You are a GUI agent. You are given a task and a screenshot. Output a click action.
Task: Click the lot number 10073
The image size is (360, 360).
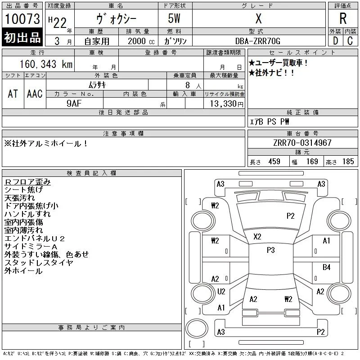click(22, 19)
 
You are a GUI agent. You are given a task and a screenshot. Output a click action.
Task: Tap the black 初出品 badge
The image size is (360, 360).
click(22, 37)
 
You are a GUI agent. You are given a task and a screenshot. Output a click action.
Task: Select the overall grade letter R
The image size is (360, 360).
click(343, 18)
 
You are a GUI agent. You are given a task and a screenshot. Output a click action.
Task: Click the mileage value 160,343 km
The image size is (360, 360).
click(46, 64)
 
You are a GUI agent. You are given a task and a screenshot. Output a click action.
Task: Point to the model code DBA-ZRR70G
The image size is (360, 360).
click(257, 41)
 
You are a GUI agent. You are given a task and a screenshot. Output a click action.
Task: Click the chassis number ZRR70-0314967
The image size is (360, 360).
click(302, 143)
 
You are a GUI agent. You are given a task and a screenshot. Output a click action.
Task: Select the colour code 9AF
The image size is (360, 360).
click(74, 103)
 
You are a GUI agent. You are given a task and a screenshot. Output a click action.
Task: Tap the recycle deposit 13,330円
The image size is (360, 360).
click(226, 103)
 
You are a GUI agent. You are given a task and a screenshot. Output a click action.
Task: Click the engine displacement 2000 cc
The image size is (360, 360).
click(141, 41)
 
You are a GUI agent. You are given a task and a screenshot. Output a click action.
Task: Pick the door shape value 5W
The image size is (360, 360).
click(174, 18)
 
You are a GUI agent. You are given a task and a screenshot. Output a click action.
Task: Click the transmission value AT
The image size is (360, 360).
click(13, 94)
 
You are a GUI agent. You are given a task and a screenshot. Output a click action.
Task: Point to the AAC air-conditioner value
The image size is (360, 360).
click(35, 94)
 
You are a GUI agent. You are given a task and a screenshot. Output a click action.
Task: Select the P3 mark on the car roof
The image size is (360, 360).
click(271, 250)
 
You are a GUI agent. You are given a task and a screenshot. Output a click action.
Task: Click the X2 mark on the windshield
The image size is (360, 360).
click(257, 237)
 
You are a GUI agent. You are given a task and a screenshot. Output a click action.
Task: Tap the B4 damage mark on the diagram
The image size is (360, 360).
click(326, 267)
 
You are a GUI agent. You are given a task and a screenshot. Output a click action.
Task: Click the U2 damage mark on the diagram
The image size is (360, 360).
click(221, 291)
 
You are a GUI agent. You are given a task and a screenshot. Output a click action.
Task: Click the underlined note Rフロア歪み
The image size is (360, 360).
click(27, 182)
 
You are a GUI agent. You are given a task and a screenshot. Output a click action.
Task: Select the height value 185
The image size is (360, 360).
click(348, 162)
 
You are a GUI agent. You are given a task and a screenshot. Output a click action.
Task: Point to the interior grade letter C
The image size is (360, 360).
click(350, 41)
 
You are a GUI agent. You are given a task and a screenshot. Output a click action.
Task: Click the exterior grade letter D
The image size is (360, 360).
click(335, 41)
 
